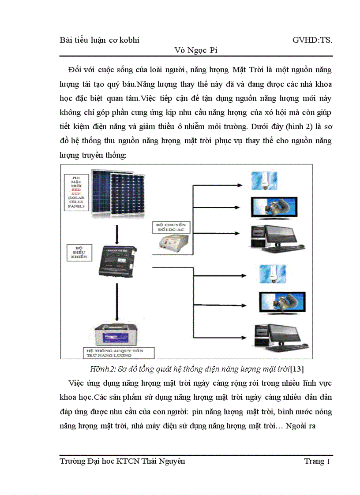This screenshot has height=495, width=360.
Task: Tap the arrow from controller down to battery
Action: pyautogui.click(x=116, y=302)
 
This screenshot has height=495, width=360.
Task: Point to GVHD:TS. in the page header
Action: pyautogui.click(x=312, y=40)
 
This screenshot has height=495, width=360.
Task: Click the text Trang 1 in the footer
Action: pyautogui.click(x=316, y=461)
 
